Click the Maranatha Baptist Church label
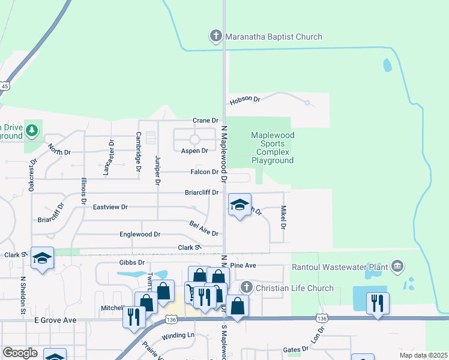coord(274,37)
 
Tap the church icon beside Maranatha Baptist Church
coord(216,37)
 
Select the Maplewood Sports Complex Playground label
coord(272,148)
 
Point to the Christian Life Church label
coord(295,288)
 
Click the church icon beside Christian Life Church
coord(247,288)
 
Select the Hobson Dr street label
coord(244,99)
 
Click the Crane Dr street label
coord(205,121)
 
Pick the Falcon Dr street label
coord(205,172)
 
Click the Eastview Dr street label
coord(110,207)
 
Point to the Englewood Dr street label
coord(140,234)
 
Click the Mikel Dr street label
coord(283,217)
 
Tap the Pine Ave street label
coord(243,265)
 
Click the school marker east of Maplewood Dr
coord(239,205)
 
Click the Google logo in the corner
coord(20,353)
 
